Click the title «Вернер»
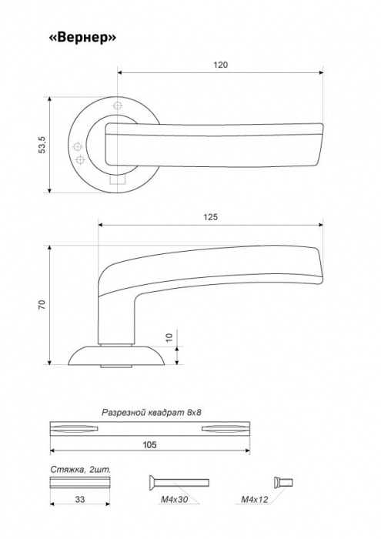82,37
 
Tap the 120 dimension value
221,65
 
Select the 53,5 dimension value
42,145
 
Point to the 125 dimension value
211,217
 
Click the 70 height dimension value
42,305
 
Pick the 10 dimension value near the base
169,337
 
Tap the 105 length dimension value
149,445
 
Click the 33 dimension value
80,499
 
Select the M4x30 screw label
174,499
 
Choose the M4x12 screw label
254,499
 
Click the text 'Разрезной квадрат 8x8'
151,413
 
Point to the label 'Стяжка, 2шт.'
81,470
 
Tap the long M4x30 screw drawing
179,482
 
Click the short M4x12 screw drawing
283,482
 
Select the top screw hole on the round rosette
118,105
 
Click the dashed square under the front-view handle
118,179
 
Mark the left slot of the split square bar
74,429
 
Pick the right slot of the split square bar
226,429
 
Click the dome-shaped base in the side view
116,356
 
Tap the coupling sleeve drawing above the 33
80,483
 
